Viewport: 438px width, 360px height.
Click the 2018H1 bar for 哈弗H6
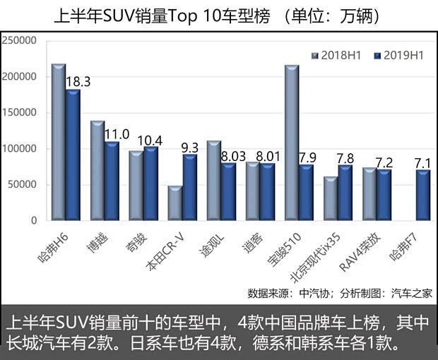tap(59, 143)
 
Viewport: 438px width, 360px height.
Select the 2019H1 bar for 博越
tap(112, 181)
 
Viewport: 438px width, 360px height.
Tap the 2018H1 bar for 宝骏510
tap(291, 143)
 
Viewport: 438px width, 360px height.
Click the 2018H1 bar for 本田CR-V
tap(174, 203)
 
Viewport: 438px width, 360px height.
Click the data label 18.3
tap(78, 82)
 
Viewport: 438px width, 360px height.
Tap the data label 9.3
tap(190, 148)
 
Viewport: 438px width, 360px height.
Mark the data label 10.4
tap(151, 140)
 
